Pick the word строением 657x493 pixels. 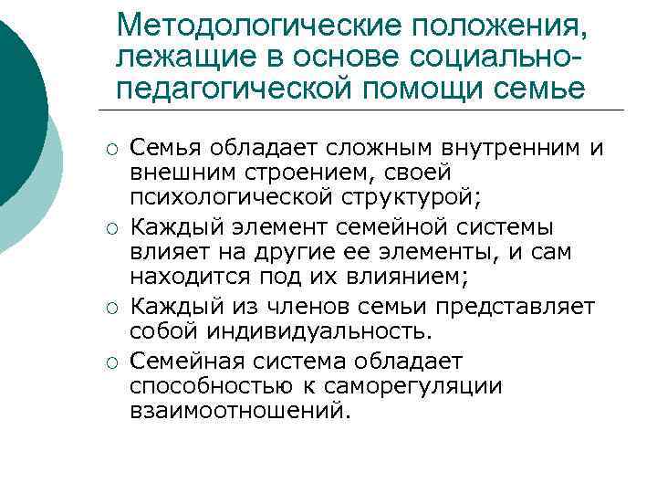(x=288, y=172)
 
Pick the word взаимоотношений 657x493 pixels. (x=239, y=411)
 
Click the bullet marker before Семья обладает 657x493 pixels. (x=109, y=147)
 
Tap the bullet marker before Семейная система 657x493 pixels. (x=109, y=362)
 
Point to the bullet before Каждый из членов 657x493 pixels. (x=109, y=306)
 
